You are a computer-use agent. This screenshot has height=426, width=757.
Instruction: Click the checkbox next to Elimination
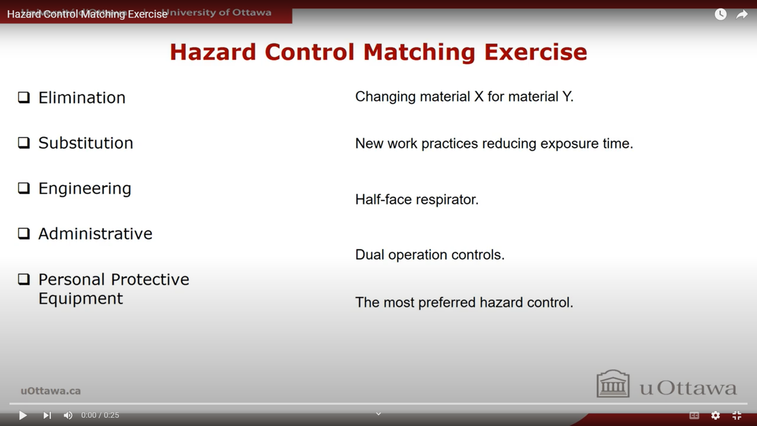coord(24,97)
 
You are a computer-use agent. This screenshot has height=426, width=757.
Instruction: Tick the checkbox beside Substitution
coord(24,143)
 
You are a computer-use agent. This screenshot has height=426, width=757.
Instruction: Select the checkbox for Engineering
coord(24,188)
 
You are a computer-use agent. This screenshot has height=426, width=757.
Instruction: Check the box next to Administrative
coord(24,233)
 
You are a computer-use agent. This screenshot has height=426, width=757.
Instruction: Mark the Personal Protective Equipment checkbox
coord(24,279)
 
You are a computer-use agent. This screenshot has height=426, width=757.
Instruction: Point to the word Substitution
coord(85,143)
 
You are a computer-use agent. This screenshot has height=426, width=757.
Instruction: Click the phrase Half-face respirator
coord(417,199)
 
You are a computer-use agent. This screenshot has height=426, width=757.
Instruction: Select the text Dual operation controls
coord(429,254)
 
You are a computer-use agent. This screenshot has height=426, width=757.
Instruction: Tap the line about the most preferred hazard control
coord(463,302)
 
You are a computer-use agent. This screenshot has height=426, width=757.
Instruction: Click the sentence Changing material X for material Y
coord(464,96)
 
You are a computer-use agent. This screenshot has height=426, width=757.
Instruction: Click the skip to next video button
coord(47,415)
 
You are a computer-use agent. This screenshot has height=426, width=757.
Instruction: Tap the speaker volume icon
coord(68,415)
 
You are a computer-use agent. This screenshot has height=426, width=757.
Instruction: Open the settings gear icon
coord(715,415)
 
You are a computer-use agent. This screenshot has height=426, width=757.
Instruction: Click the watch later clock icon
coord(720,14)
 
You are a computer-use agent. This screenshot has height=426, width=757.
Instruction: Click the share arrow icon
coord(742,14)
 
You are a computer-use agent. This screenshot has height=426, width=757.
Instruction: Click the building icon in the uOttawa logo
coord(613,384)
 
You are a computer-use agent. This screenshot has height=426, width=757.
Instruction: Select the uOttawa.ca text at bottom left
coord(50,391)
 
